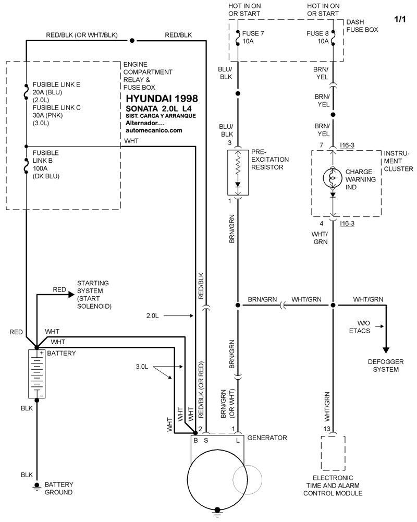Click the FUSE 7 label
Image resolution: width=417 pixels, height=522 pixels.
[x=253, y=33]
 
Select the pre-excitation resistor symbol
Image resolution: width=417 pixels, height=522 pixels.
[x=238, y=172]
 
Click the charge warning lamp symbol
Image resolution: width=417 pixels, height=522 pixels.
[x=333, y=178]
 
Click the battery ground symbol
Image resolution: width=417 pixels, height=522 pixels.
[x=36, y=486]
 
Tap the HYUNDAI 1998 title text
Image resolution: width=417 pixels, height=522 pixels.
[x=162, y=98]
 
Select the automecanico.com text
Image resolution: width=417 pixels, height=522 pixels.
[x=154, y=130]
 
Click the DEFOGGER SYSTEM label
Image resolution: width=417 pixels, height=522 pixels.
[x=386, y=366]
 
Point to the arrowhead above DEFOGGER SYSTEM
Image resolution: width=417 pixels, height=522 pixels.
[x=386, y=349]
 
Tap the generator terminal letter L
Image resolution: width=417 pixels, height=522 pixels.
[x=238, y=440]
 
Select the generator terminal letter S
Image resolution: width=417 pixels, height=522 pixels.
[x=206, y=440]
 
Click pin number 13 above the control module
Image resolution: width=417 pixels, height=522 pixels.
[x=327, y=429]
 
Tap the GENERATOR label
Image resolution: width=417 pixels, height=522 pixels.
[x=267, y=438]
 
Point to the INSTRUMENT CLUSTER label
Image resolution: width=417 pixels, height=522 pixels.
[x=398, y=162]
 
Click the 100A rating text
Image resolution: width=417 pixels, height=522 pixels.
[x=41, y=168]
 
